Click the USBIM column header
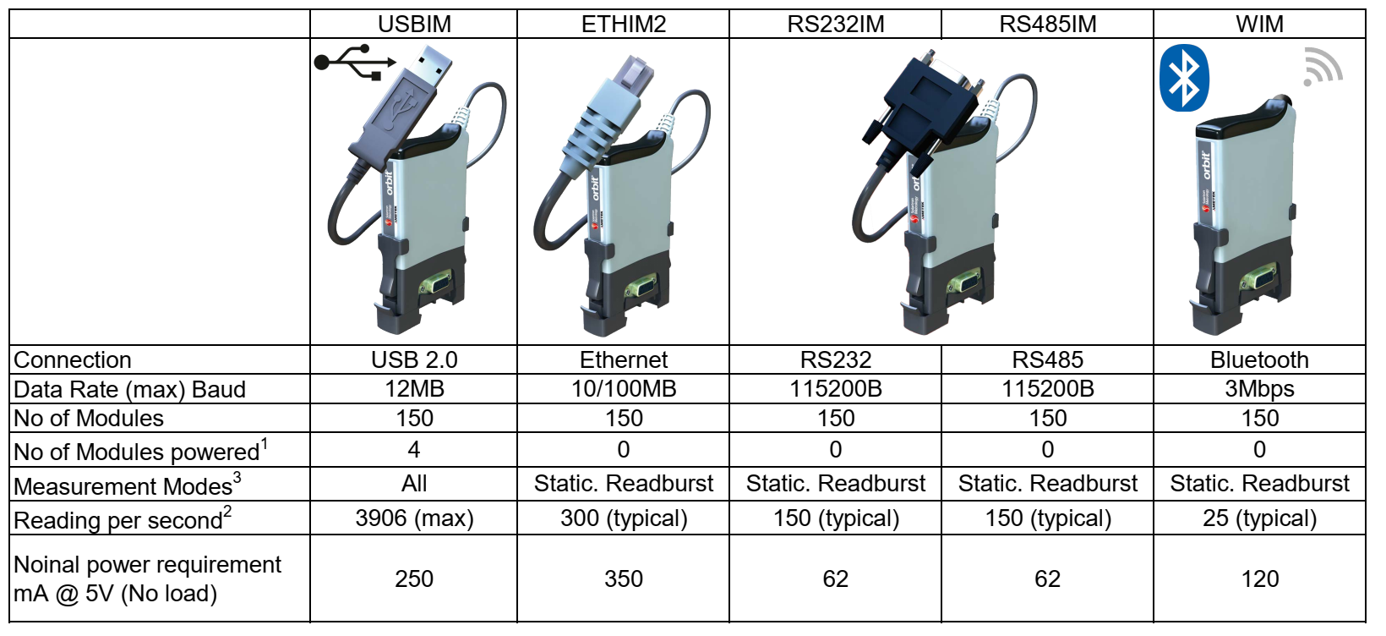(414, 24)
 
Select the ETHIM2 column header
(624, 24)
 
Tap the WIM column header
(1259, 24)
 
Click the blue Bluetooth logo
(1184, 78)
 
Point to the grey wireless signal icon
(1322, 67)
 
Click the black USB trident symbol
(354, 62)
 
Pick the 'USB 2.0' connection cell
(414, 359)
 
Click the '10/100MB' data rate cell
(624, 389)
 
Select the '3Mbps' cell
(1259, 389)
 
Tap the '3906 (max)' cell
(414, 518)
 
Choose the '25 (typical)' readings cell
(1259, 518)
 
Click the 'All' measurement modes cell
(414, 484)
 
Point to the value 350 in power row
(624, 578)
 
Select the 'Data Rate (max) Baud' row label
(129, 390)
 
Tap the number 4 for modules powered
(414, 450)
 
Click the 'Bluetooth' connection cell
(1259, 359)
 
